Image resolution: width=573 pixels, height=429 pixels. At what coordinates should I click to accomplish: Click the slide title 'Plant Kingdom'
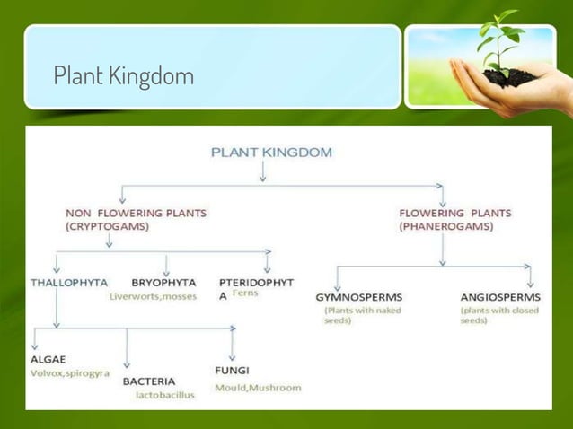[123, 75]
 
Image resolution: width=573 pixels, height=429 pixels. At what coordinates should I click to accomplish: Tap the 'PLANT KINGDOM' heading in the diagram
[270, 152]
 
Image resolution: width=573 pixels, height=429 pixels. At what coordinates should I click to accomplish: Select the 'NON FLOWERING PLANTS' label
[136, 213]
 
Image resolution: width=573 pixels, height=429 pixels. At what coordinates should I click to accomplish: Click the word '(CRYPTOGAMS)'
[107, 227]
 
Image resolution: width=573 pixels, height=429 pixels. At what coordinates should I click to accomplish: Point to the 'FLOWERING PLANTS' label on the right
[454, 213]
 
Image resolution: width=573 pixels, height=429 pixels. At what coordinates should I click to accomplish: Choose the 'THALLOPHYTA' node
[68, 282]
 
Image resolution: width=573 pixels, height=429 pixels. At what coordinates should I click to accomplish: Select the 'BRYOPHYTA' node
[163, 282]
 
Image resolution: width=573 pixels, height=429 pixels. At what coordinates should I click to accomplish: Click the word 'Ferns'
[245, 293]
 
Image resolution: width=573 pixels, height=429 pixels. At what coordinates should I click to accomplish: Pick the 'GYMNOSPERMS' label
[358, 297]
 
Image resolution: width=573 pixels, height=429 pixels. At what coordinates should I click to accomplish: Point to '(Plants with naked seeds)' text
[362, 315]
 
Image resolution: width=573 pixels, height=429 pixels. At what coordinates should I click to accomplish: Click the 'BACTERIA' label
[148, 381]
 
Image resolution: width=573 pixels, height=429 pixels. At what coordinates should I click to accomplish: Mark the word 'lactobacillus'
[164, 395]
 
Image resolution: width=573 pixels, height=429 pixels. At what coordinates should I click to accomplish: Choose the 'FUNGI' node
[232, 370]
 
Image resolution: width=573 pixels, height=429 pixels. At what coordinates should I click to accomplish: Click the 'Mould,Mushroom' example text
[258, 388]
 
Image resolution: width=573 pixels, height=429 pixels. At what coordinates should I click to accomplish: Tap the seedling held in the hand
[500, 45]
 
